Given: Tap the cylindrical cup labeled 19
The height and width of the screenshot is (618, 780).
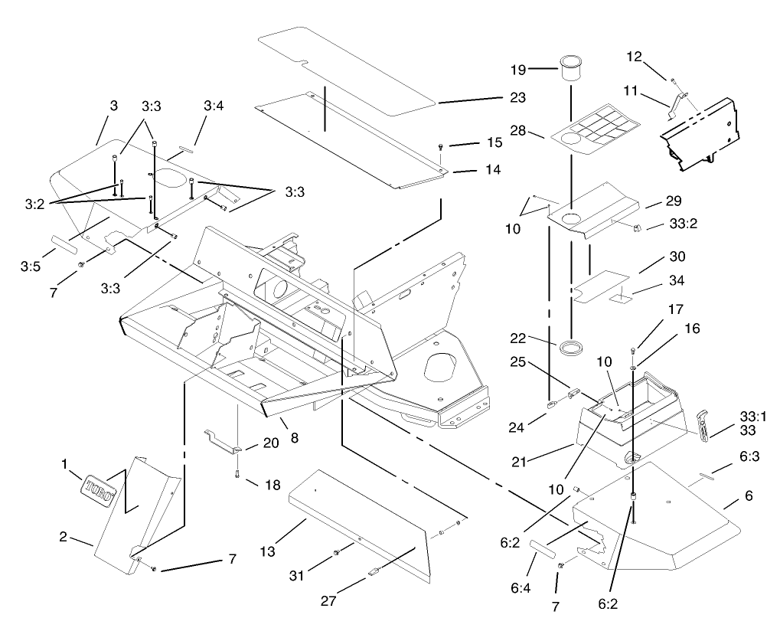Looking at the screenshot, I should [570, 67].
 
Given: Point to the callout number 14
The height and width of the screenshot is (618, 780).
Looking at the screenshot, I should [493, 170].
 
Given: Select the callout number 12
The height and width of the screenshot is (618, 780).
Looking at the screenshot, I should [635, 57].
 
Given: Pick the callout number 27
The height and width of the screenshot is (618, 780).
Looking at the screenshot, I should [328, 600].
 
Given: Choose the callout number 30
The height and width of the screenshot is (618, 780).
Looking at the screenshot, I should [677, 256].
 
